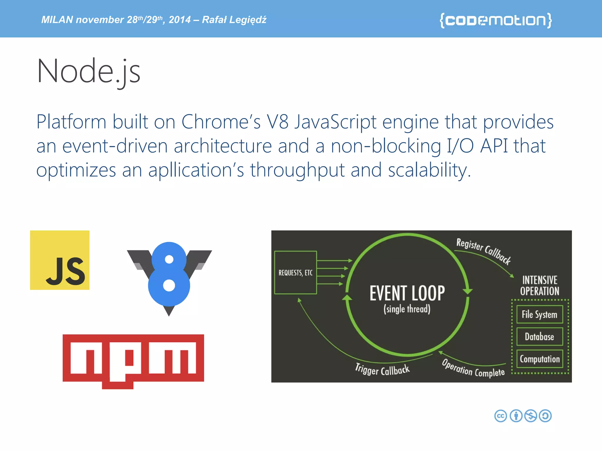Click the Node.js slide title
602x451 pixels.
click(x=88, y=71)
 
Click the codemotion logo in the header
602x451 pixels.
click(x=496, y=20)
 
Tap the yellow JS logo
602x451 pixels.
click(x=60, y=260)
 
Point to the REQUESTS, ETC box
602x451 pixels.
click(x=295, y=272)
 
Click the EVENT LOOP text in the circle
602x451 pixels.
click(x=407, y=293)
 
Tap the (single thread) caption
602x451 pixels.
click(x=407, y=309)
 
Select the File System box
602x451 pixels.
click(x=539, y=314)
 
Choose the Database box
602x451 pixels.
click(x=539, y=336)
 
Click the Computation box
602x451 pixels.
click(x=539, y=359)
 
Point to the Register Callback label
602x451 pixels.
click(x=484, y=251)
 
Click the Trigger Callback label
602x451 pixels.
click(x=382, y=370)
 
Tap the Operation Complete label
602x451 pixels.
click(x=473, y=368)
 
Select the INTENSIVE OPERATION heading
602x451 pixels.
click(x=540, y=285)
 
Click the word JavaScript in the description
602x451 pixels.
click(x=335, y=122)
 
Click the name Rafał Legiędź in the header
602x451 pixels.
click(x=234, y=20)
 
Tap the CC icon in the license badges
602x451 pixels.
click(x=501, y=416)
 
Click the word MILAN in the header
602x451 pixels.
click(x=57, y=20)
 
